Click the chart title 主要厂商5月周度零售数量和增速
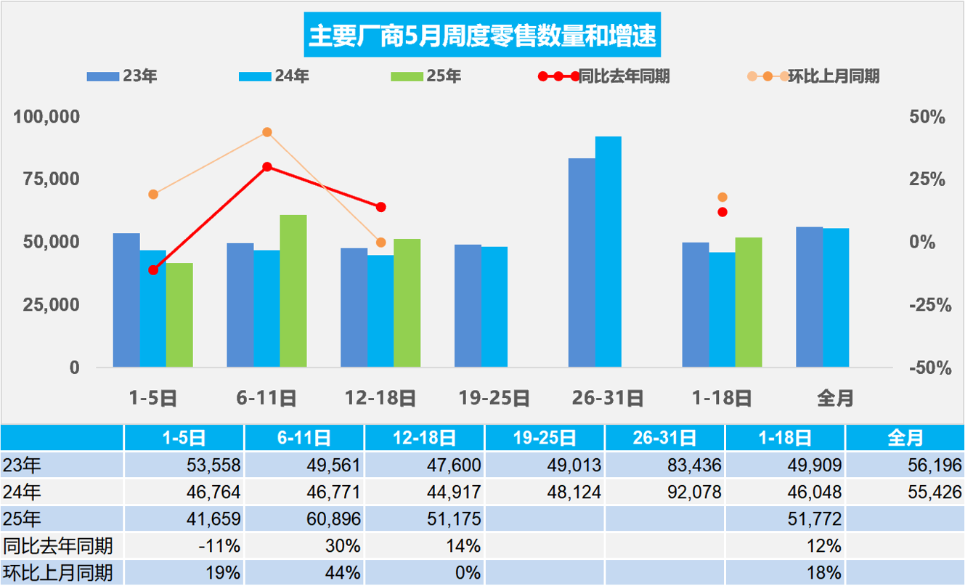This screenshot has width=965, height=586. (482, 35)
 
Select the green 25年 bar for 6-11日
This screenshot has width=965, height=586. (293, 290)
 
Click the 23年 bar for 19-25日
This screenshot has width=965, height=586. (468, 306)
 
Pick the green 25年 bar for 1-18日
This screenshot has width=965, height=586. (749, 302)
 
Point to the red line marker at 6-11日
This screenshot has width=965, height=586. (267, 167)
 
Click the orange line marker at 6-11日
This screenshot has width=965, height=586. (267, 132)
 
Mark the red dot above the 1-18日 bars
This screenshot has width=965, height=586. (722, 212)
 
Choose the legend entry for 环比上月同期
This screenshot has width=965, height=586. (834, 76)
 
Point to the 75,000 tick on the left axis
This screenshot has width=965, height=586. (46, 179)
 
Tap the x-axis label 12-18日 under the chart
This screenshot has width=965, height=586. (380, 398)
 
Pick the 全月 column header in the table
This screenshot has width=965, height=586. (905, 438)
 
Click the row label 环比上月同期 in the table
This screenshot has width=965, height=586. (58, 573)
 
